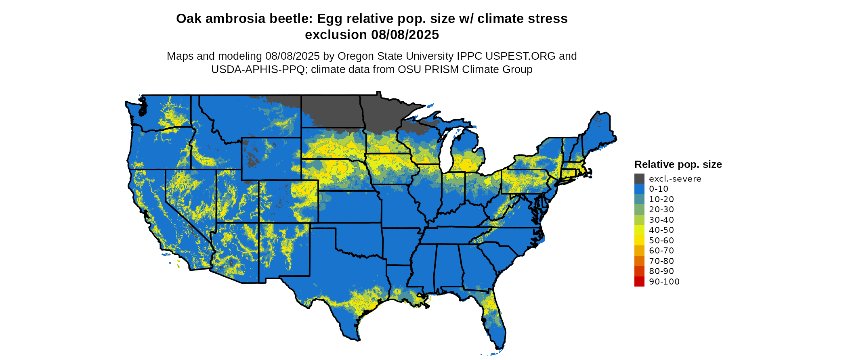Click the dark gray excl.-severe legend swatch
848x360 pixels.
coord(639,178)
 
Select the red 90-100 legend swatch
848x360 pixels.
coord(639,281)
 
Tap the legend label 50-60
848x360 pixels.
coord(661,240)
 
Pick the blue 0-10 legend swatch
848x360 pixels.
coord(639,188)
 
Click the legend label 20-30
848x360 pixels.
coord(661,209)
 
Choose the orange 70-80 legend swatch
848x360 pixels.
coord(639,261)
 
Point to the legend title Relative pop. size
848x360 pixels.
coord(678,164)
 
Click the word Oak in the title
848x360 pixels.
coord(189,19)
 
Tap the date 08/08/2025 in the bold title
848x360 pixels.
coord(405,35)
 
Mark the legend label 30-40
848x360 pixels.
coord(661,220)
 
